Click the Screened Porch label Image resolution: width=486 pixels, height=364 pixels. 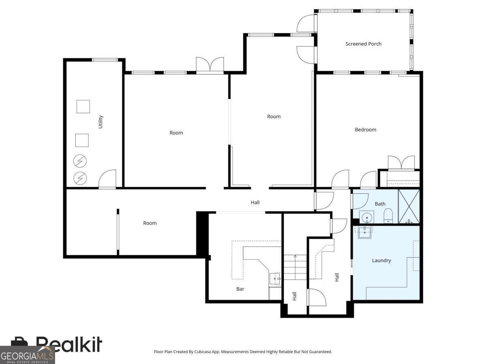[x=363, y=44]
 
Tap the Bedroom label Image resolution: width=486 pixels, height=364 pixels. [x=365, y=129]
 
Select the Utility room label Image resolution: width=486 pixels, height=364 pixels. [x=100, y=122]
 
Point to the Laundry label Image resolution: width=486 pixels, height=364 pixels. [x=381, y=260]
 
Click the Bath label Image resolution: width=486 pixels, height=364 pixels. [x=380, y=204]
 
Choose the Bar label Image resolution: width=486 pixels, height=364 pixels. [x=240, y=289]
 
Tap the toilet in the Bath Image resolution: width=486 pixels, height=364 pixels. [x=388, y=216]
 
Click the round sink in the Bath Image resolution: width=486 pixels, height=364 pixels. [x=367, y=217]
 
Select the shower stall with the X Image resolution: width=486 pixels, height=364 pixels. [x=409, y=206]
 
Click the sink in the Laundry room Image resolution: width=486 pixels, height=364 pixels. [x=364, y=232]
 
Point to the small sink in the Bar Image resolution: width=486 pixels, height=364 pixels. [x=275, y=279]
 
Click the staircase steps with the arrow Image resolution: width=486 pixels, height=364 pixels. [x=295, y=267]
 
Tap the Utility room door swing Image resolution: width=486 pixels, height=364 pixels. [x=107, y=179]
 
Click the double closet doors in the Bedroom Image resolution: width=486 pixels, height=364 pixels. [x=401, y=163]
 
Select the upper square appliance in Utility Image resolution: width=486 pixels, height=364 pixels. [x=83, y=106]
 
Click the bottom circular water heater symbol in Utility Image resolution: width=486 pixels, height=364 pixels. [x=80, y=178]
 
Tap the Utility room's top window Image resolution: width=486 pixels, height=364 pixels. [x=105, y=60]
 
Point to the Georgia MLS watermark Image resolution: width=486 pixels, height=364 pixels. [x=27, y=355]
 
